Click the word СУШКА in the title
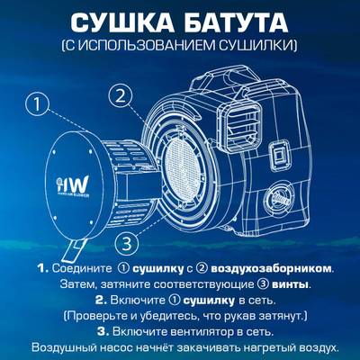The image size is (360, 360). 121,22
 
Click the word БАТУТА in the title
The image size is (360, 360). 238,22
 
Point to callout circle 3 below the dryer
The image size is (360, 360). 129,242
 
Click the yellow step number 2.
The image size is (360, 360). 101,300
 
